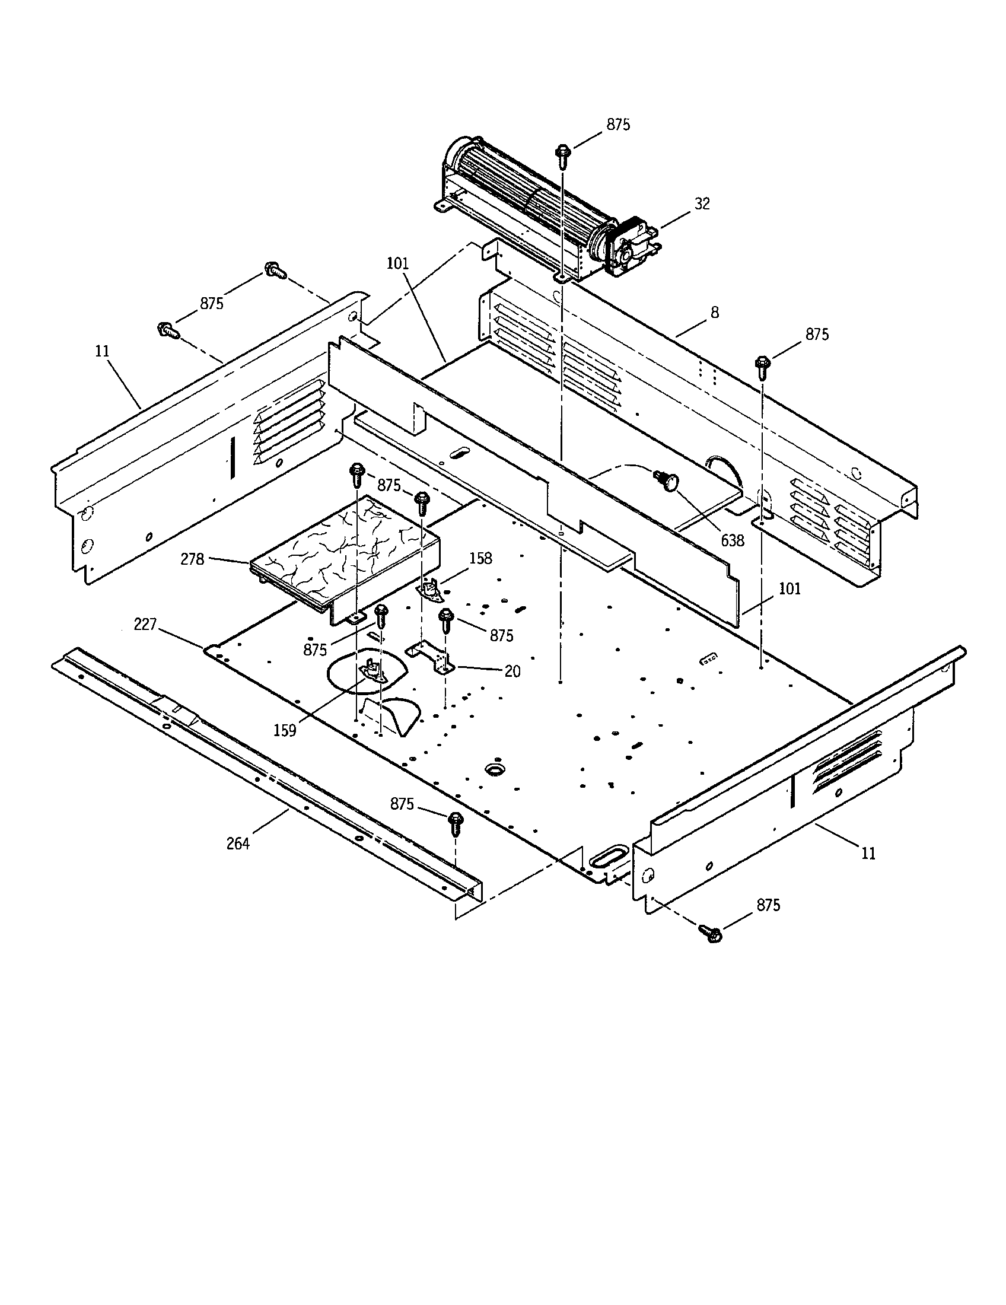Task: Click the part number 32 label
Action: click(702, 203)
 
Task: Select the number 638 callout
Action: click(733, 541)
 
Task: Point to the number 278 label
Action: click(192, 559)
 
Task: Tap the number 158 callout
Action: click(480, 558)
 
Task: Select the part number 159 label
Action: click(285, 730)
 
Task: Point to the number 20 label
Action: click(512, 671)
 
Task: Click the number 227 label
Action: click(145, 625)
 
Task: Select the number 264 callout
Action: click(238, 844)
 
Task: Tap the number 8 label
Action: click(715, 313)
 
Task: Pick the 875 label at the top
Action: click(618, 125)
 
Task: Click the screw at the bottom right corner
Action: click(710, 933)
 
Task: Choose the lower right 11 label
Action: click(868, 854)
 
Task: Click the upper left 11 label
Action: click(103, 351)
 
